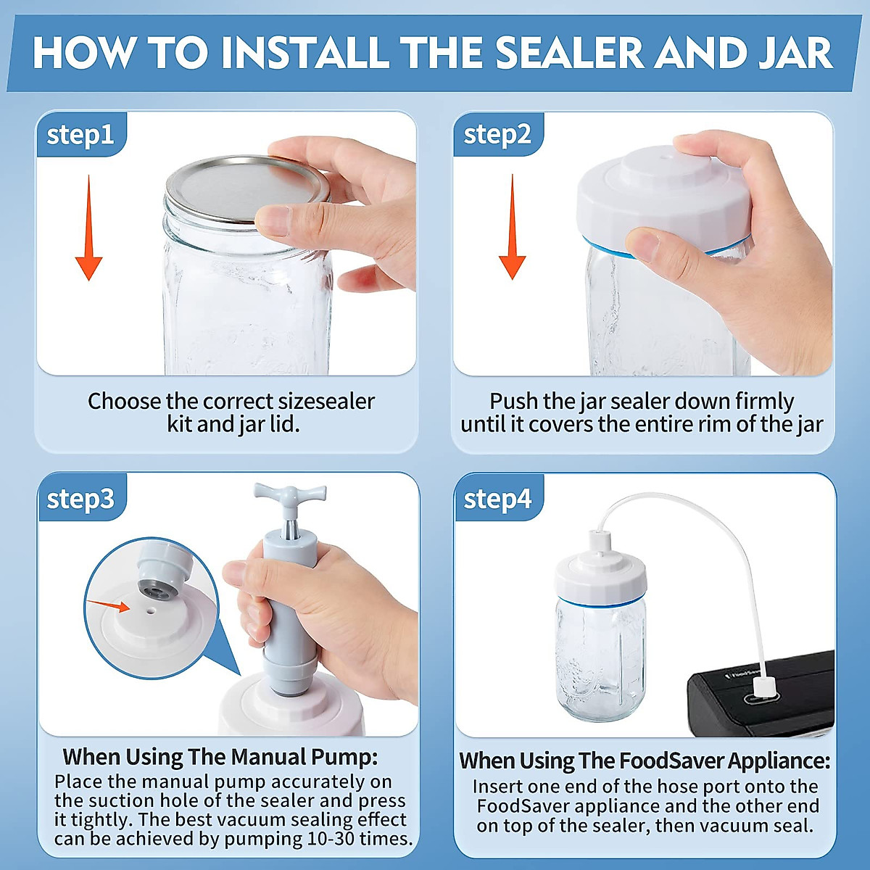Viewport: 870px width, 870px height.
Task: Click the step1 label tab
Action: pos(80,135)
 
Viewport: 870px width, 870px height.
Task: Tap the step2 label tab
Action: pos(497,135)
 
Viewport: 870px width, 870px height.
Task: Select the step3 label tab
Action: pos(80,499)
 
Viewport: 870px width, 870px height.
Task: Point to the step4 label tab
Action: pos(497,499)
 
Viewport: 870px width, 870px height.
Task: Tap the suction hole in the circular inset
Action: pos(151,610)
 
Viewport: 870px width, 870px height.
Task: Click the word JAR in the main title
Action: pos(796,53)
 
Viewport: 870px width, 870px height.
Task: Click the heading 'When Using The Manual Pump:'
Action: pos(220,757)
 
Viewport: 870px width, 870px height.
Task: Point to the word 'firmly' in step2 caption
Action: pos(764,401)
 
